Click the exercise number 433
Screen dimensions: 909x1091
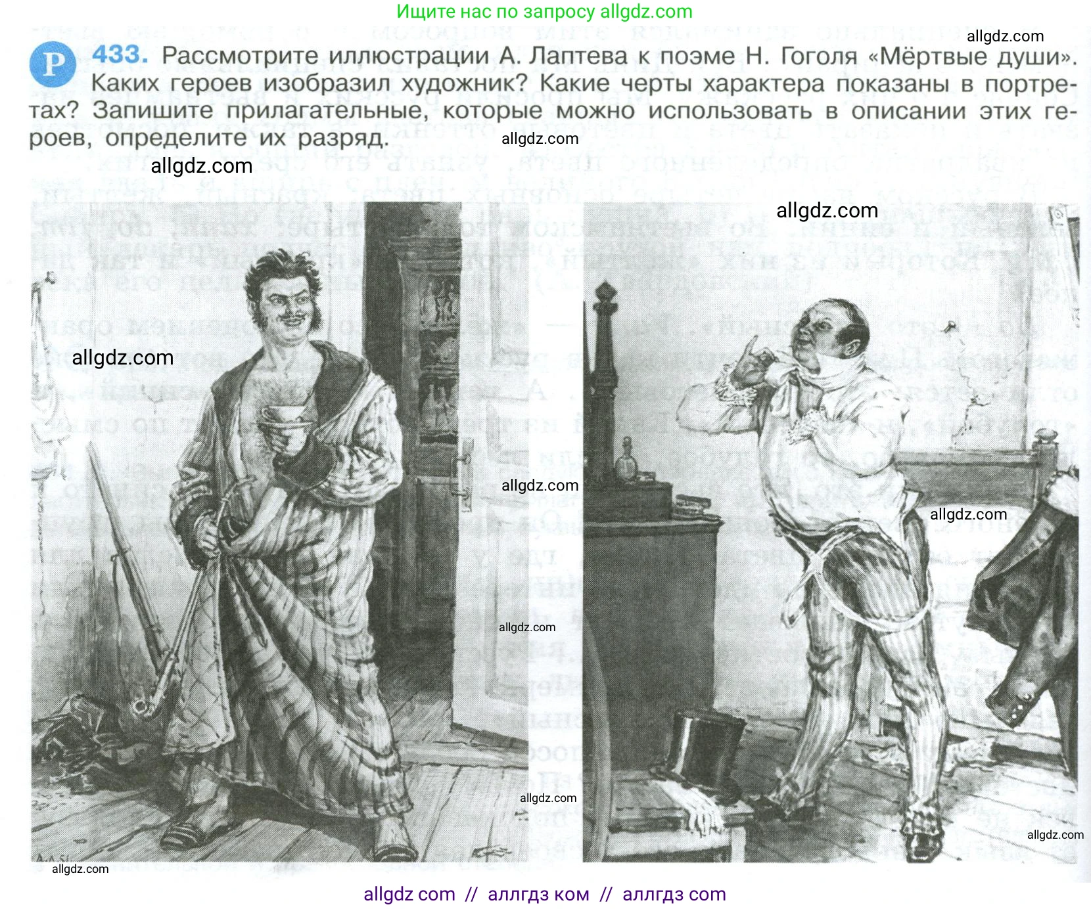coord(120,55)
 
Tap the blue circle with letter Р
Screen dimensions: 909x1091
coord(52,64)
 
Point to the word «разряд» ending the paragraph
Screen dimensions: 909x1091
coord(342,139)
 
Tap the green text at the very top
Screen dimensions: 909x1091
coord(544,12)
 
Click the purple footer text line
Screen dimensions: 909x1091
coord(544,894)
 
